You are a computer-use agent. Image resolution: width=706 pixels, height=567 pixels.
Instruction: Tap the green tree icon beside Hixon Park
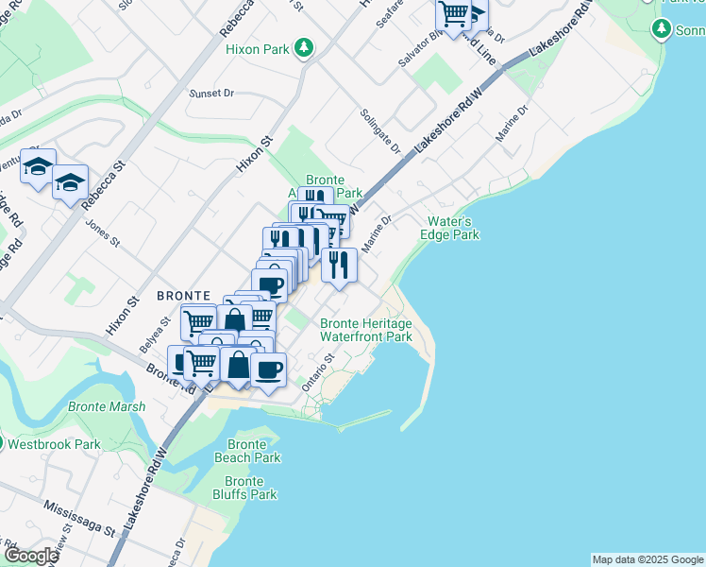[304, 46]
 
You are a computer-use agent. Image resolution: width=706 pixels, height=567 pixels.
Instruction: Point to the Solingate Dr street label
[380, 130]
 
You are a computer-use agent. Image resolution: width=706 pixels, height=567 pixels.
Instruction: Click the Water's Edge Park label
[450, 228]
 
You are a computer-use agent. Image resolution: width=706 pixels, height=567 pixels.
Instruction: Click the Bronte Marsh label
[107, 407]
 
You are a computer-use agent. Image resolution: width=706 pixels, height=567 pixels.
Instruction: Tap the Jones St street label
[101, 234]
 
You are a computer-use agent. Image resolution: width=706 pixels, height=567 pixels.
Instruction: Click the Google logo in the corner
[30, 556]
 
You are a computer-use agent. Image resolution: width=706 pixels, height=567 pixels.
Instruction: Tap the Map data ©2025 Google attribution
[647, 559]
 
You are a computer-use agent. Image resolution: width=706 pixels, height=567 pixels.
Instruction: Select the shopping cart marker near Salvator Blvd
[453, 14]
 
